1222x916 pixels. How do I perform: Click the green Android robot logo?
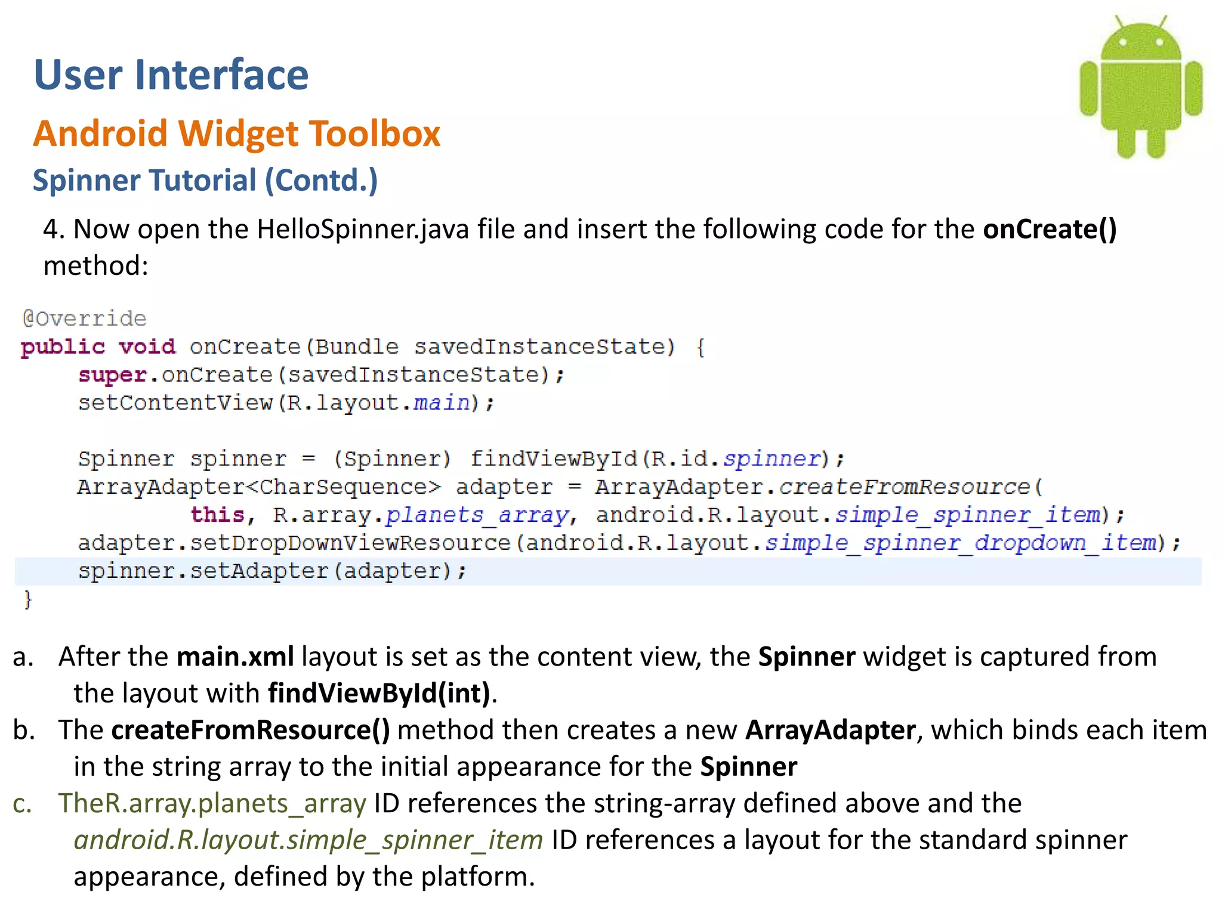click(1141, 89)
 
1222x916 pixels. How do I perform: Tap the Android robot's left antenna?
click(1120, 24)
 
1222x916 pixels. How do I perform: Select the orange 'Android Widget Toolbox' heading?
click(236, 133)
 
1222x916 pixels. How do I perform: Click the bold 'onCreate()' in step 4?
click(1050, 229)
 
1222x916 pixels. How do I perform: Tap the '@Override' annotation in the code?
click(84, 318)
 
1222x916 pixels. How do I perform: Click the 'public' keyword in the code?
click(63, 346)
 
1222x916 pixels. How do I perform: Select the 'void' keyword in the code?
click(147, 346)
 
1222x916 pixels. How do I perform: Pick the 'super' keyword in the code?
click(112, 375)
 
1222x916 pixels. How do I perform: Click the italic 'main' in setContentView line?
click(442, 403)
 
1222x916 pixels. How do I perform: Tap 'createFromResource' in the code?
click(905, 487)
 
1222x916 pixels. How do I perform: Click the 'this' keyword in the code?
click(217, 514)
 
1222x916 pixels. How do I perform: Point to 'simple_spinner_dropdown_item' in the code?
click(961, 543)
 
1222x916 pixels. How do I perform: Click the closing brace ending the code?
click(27, 599)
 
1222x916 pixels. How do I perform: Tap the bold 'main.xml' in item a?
click(235, 657)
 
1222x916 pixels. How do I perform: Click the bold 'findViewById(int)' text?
click(379, 693)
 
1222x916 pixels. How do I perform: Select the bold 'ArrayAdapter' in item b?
click(831, 730)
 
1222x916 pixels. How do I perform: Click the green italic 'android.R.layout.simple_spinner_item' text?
click(308, 840)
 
